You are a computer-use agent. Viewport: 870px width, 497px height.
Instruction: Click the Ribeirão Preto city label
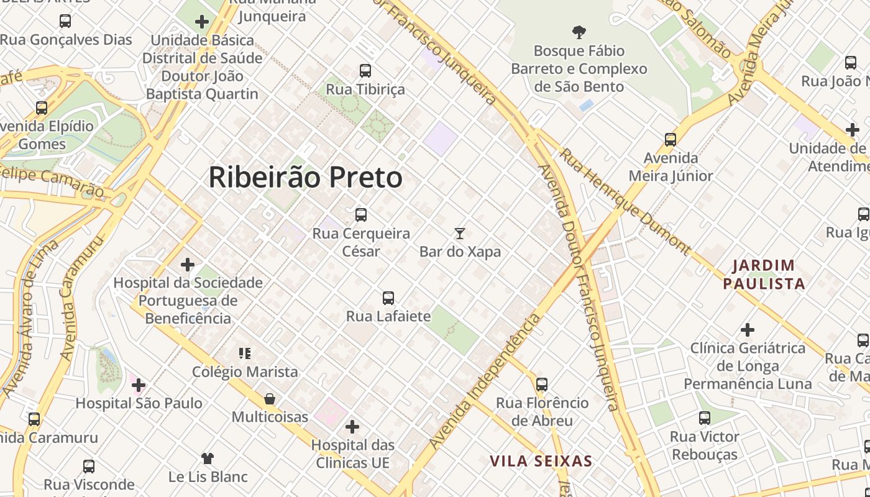point(305,178)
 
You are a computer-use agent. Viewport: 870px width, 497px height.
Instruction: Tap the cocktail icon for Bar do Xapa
point(459,234)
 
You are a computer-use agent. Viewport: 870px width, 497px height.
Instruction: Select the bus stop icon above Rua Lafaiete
point(388,298)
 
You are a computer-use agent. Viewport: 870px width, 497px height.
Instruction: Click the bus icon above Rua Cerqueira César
point(360,216)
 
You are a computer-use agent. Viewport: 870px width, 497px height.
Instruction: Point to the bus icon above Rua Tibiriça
point(365,71)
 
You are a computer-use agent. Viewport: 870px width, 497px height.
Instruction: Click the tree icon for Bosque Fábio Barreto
point(579,32)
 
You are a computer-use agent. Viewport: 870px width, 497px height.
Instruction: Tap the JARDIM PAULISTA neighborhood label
point(764,275)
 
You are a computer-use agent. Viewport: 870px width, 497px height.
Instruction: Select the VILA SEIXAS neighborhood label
point(541,462)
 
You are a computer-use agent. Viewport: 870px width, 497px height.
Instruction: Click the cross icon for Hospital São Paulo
point(138,385)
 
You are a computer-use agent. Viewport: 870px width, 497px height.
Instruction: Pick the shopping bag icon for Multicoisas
point(270,399)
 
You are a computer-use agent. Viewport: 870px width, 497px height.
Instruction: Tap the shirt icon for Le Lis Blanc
point(208,458)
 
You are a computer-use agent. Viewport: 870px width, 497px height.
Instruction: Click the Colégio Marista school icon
point(245,353)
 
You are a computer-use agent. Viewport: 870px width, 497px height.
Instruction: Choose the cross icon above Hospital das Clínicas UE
point(352,427)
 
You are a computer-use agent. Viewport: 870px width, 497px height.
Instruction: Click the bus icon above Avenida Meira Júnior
point(670,140)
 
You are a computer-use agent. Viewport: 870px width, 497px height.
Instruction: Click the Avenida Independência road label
point(485,382)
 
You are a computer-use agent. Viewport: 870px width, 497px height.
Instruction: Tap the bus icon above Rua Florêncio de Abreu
point(542,385)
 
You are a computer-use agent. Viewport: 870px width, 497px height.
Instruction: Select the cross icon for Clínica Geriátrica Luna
point(748,330)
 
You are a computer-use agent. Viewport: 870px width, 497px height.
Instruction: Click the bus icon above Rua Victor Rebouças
point(704,418)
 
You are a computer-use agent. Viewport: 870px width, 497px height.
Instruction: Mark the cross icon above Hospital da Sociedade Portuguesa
point(187,265)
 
